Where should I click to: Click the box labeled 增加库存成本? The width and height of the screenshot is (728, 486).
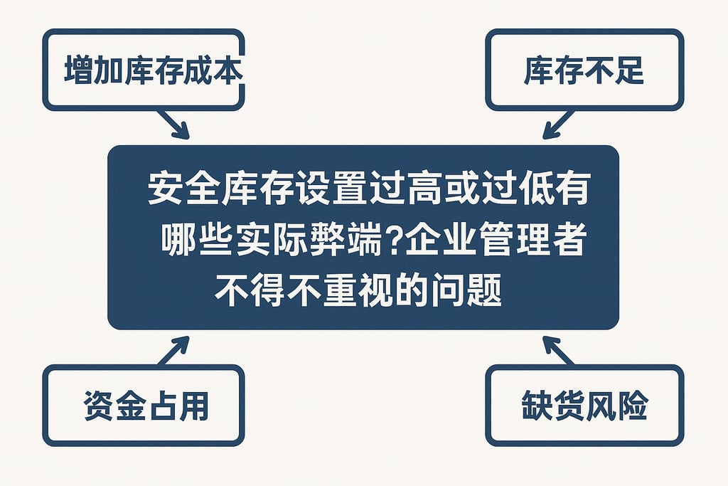point(143,70)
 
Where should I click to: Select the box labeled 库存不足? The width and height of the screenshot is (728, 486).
point(584,70)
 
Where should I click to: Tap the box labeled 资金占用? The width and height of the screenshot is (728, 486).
point(143,406)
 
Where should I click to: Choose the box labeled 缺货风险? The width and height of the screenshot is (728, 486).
point(584,406)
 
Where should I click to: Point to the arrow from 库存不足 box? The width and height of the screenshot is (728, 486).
point(557,125)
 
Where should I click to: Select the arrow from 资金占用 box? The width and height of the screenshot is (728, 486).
point(174,350)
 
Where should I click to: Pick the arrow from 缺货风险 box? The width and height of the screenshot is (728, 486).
point(558,351)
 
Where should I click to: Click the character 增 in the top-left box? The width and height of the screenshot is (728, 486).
point(77,70)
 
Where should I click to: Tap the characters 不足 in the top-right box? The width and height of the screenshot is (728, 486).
point(613,70)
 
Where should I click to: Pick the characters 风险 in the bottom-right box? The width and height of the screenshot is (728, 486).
point(617,406)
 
